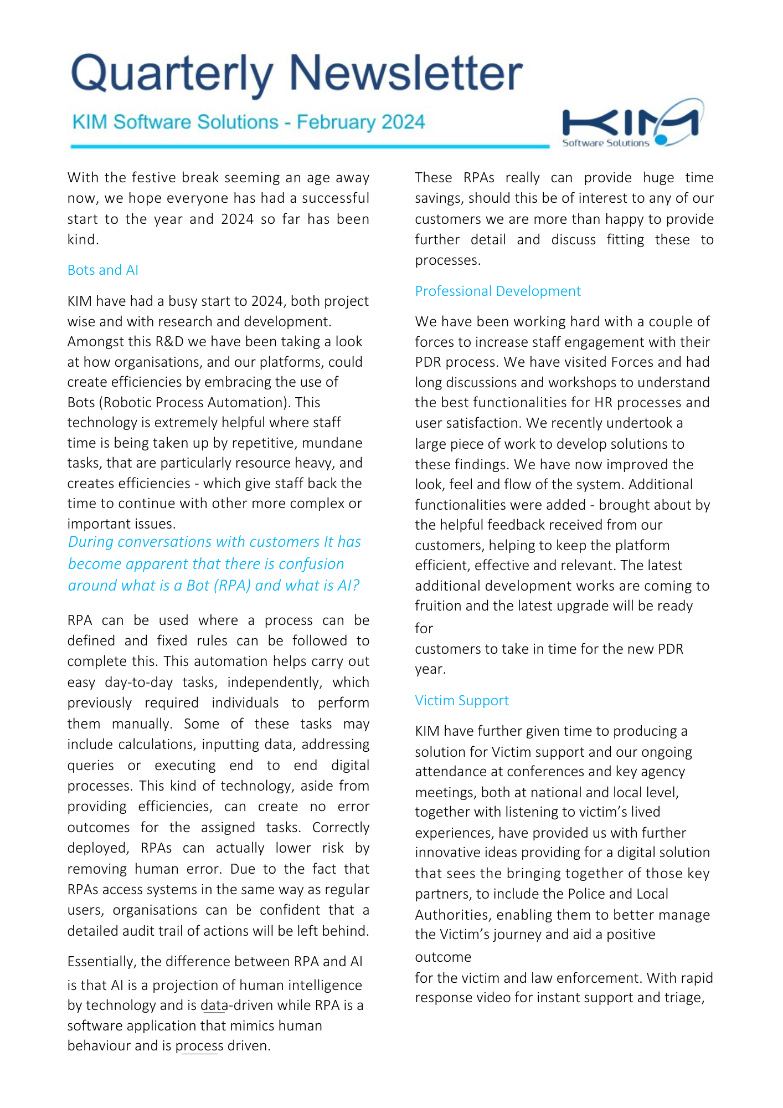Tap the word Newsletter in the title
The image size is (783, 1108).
point(405,73)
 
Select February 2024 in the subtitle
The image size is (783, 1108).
point(360,122)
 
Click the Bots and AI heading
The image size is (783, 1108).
point(102,270)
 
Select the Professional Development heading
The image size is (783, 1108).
point(497,291)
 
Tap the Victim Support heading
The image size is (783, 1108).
point(461,701)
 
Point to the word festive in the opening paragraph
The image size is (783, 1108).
point(152,178)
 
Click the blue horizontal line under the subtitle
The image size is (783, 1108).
point(310,146)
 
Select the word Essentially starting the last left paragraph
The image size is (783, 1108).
point(101,962)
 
